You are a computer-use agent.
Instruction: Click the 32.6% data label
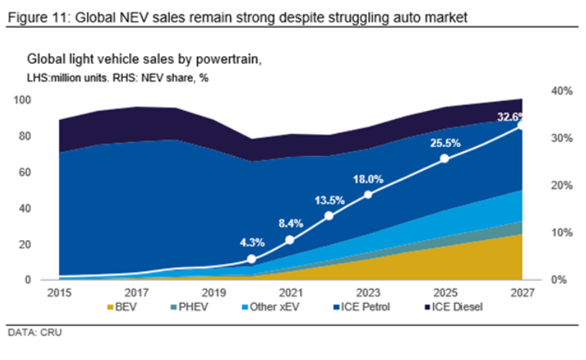click(511, 118)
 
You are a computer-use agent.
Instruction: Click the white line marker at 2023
click(368, 195)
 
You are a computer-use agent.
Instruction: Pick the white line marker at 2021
click(290, 240)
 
